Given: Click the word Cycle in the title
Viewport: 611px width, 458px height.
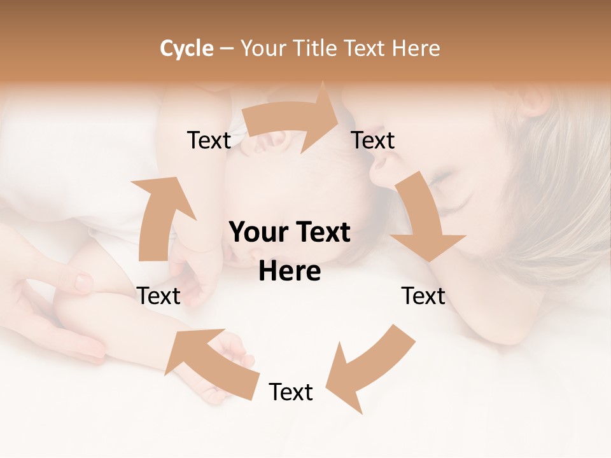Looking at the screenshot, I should [x=186, y=48].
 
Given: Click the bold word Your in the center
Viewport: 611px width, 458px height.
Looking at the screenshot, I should [x=258, y=233].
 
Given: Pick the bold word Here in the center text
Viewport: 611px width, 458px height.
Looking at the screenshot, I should [x=290, y=272].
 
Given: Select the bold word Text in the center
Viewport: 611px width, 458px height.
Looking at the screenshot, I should [x=321, y=233].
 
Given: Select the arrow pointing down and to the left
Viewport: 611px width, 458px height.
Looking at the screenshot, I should [x=369, y=369].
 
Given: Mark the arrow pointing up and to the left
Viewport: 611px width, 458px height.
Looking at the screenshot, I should [x=210, y=359].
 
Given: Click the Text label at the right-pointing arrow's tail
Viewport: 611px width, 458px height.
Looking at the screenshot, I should [x=209, y=141].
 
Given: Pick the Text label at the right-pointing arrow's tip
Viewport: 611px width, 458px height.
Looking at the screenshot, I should [x=373, y=141].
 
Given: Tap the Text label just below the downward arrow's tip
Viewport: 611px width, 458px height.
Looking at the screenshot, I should [x=423, y=296].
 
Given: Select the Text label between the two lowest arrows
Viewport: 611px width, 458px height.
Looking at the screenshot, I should [x=291, y=392].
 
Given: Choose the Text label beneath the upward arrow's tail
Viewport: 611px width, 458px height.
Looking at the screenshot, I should [x=158, y=296].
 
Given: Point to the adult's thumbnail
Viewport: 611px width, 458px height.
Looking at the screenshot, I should [x=83, y=282].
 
